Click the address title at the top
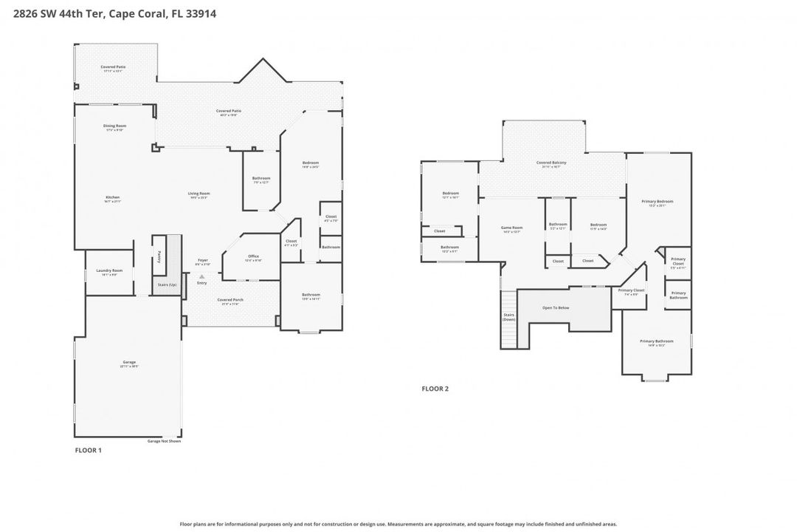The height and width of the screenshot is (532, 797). click(x=108, y=13)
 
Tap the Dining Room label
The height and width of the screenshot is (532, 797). click(x=114, y=126)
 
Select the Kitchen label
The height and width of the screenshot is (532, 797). click(x=112, y=197)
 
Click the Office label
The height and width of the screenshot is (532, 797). click(x=253, y=256)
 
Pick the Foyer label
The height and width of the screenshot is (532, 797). click(x=202, y=261)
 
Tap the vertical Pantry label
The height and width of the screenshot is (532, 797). click(x=159, y=255)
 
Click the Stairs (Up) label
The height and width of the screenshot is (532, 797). click(x=168, y=284)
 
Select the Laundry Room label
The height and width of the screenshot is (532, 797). click(x=109, y=271)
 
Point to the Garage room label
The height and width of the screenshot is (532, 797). click(x=129, y=362)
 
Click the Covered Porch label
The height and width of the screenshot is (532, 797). click(x=230, y=300)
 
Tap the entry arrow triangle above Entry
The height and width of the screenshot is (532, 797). click(x=201, y=276)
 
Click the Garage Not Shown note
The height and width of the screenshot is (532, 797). click(x=164, y=441)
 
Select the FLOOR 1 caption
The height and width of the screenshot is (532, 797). click(x=89, y=450)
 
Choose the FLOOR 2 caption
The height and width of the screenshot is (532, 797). click(x=435, y=389)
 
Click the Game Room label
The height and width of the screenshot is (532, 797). click(x=511, y=228)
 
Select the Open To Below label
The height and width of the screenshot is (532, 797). click(x=556, y=307)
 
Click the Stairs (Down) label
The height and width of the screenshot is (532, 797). click(x=509, y=317)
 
